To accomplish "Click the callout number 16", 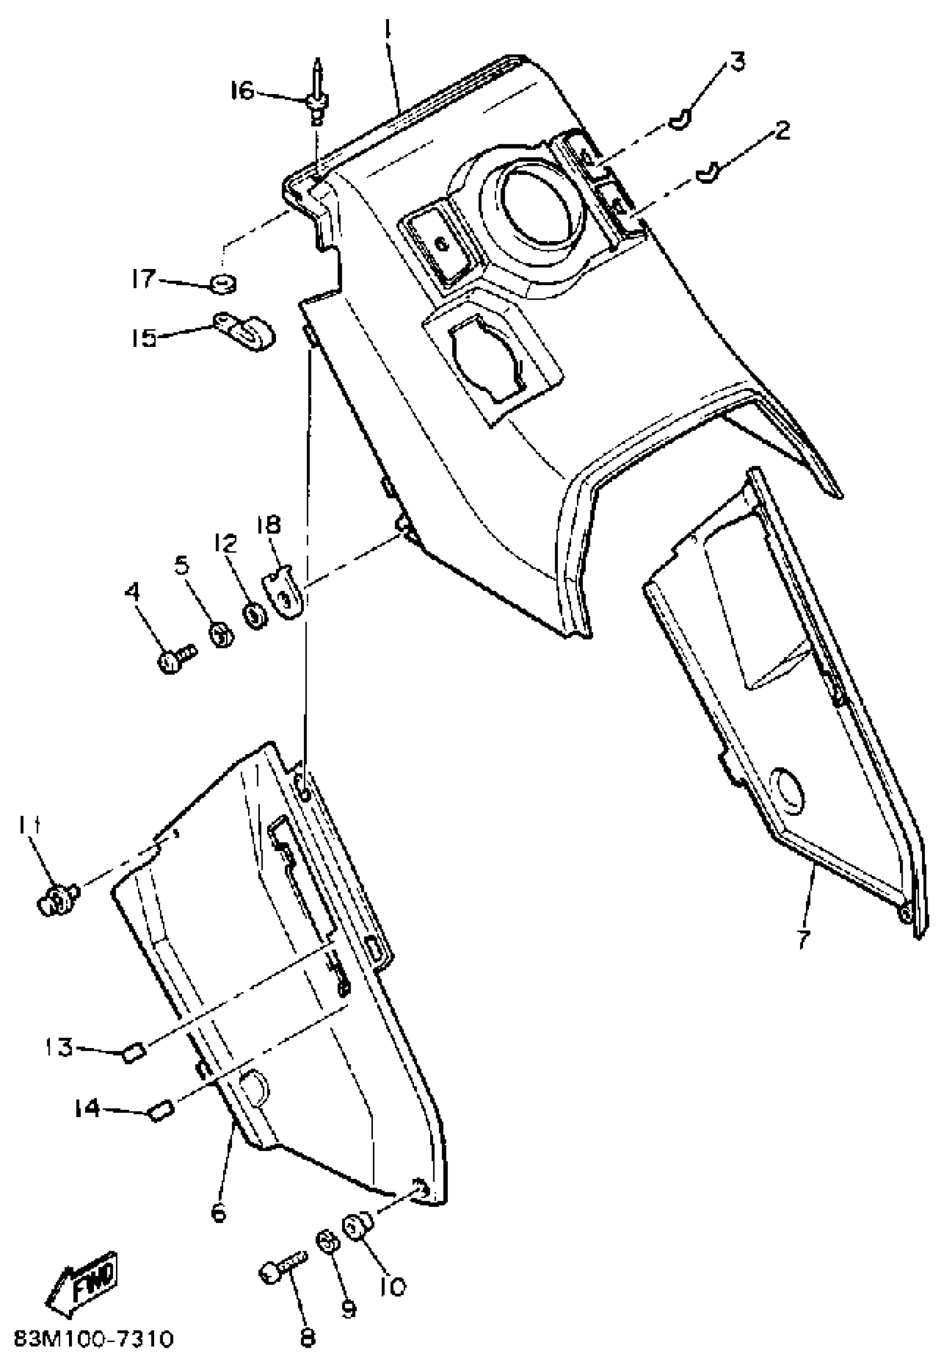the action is coord(243,91).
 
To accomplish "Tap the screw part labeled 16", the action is coord(318,101).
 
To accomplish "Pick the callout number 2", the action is coord(782,130).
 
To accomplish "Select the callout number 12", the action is coord(226,542).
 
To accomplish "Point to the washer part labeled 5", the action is coord(221,637).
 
